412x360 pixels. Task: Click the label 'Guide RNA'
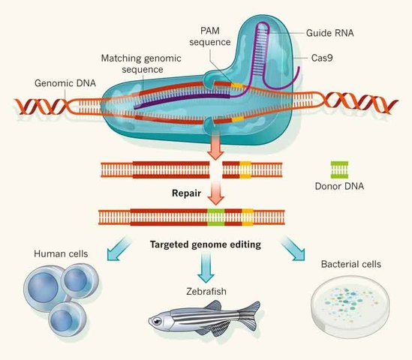(x=331, y=34)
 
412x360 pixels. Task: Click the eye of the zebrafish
(x=157, y=321)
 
